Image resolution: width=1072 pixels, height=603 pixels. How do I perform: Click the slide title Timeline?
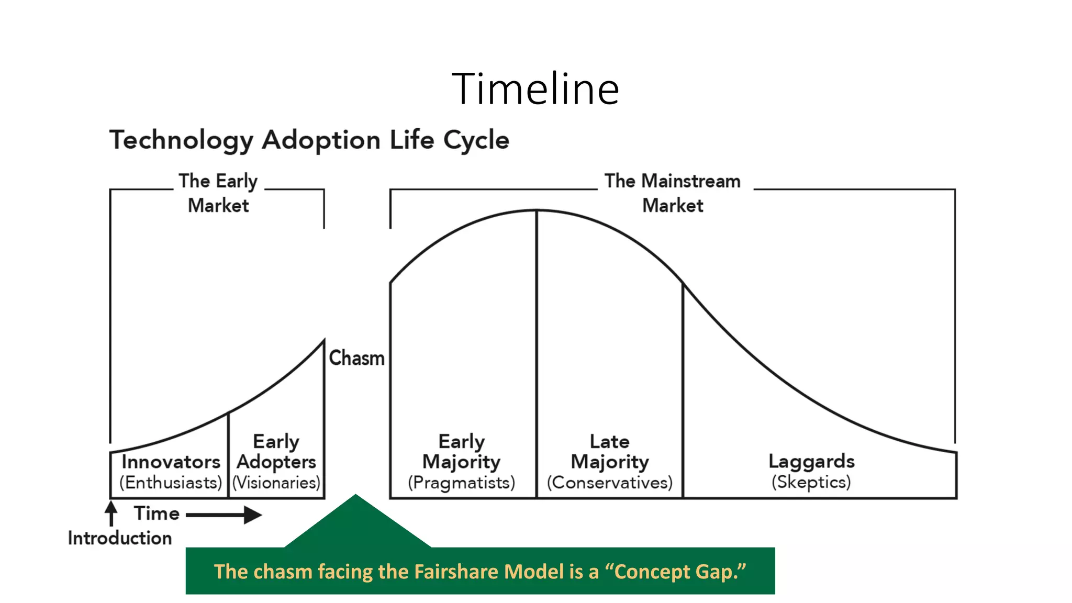click(x=535, y=89)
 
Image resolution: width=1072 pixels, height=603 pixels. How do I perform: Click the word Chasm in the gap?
click(x=356, y=359)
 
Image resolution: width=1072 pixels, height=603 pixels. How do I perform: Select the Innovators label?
click(x=171, y=462)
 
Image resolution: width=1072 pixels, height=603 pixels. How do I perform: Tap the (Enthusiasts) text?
click(x=171, y=483)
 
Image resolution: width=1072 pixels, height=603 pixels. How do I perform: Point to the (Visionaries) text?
click(x=276, y=483)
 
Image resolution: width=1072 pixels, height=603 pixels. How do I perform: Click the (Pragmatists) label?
click(x=461, y=483)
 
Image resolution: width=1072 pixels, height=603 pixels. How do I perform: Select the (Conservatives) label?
click(x=609, y=483)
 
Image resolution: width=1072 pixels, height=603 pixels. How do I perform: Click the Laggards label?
click(x=811, y=461)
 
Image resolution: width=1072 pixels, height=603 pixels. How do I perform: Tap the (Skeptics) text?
click(x=811, y=482)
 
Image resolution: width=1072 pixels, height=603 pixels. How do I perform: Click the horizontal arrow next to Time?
click(x=224, y=515)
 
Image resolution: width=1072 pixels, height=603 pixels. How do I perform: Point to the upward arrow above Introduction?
click(x=111, y=513)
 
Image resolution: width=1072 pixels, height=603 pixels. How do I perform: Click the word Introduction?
click(x=120, y=538)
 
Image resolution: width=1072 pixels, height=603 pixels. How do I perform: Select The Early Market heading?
click(x=218, y=193)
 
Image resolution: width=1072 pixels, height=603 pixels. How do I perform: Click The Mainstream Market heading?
click(x=673, y=193)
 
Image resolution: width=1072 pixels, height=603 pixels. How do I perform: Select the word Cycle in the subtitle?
click(x=476, y=140)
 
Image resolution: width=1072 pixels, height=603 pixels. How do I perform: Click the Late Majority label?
click(x=609, y=451)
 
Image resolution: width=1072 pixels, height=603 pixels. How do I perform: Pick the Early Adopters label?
click(x=276, y=451)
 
